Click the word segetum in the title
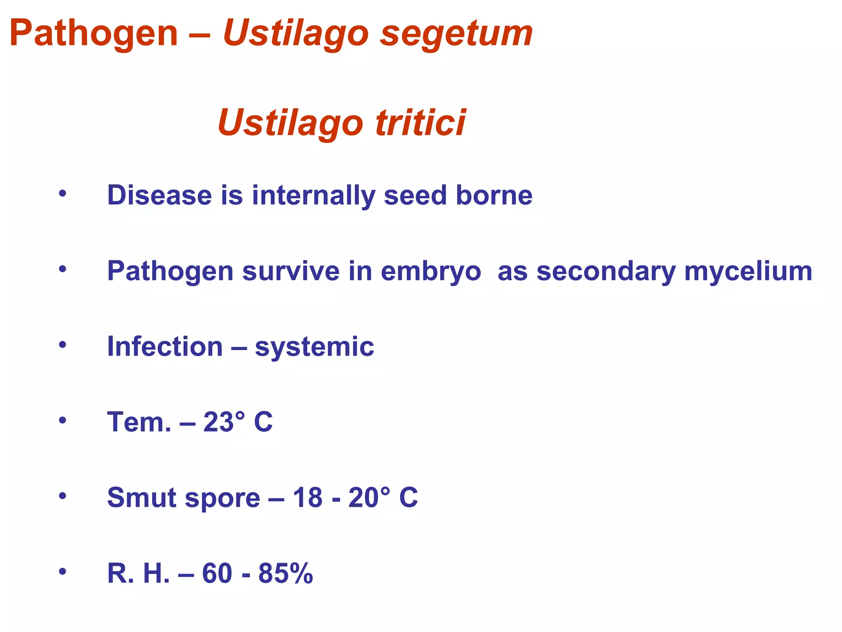coord(456,34)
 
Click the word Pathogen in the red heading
coord(94,34)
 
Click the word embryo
coord(430,272)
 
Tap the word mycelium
coord(748,272)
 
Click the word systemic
coord(315,347)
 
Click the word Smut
coord(141,497)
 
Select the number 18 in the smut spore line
coord(307,497)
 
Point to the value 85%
coord(285,573)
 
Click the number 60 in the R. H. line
coord(217,573)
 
